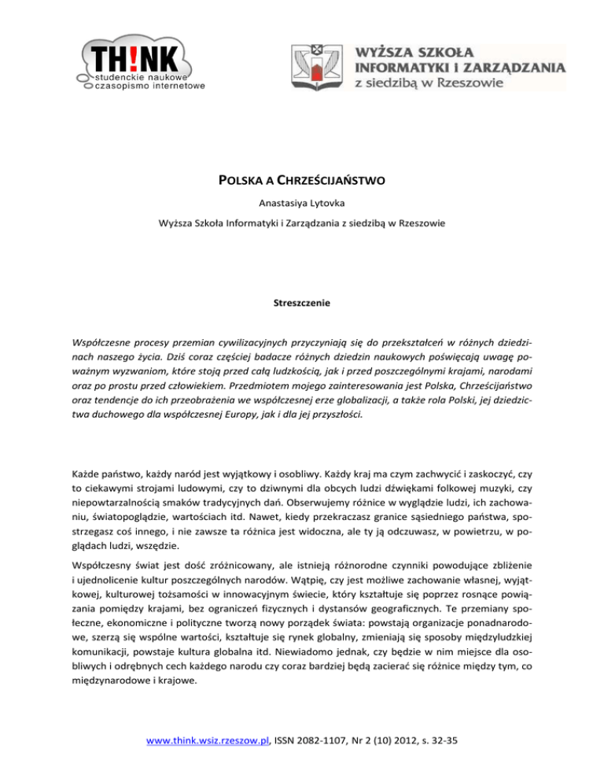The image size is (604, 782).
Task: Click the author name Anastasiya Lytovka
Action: tap(302, 206)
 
